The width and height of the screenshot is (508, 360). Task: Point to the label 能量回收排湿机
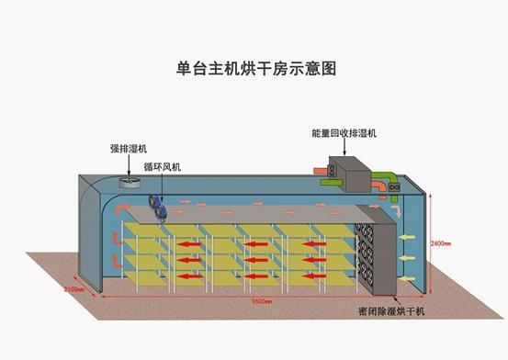pos(344,133)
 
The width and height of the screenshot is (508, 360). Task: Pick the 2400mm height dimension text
pos(440,243)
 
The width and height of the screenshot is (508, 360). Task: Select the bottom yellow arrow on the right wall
pos(410,276)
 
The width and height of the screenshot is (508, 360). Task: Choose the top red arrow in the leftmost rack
pos(189,243)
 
